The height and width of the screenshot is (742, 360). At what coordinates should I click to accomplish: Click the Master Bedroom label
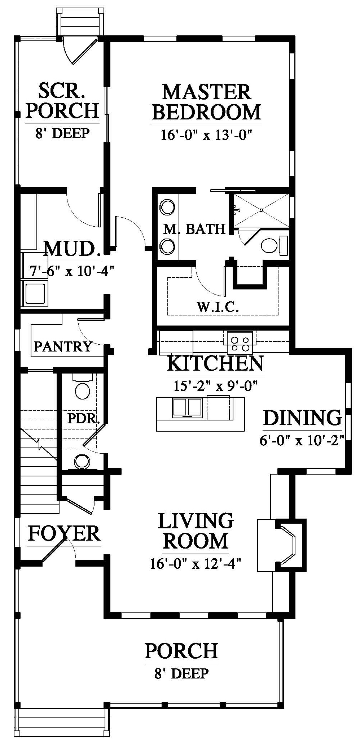pyautogui.click(x=207, y=102)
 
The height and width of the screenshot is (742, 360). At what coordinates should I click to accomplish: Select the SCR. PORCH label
pyautogui.click(x=62, y=101)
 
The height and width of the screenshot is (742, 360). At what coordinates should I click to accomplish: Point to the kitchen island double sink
pyautogui.click(x=187, y=407)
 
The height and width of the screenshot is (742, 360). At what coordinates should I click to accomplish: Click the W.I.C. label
pyautogui.click(x=218, y=307)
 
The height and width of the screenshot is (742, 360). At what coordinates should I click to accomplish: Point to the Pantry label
pyautogui.click(x=63, y=346)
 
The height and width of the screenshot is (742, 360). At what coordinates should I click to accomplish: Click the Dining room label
pyautogui.click(x=302, y=418)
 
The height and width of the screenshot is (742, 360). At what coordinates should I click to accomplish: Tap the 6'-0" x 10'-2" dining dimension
pyautogui.click(x=301, y=441)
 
